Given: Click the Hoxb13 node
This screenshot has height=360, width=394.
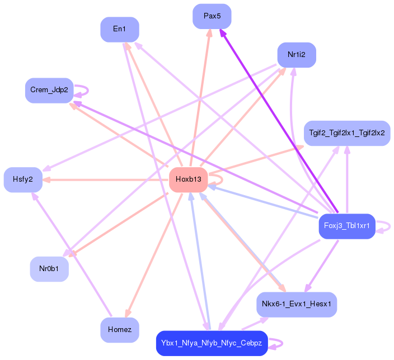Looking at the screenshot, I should (189, 179).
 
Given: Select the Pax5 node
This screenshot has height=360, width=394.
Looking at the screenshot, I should (212, 16).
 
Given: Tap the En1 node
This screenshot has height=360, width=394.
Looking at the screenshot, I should (119, 29).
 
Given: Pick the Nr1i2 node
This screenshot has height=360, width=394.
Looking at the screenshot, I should (297, 55).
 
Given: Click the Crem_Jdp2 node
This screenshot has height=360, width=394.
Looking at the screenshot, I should (49, 90).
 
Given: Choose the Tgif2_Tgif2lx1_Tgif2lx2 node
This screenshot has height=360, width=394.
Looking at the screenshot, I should (347, 133).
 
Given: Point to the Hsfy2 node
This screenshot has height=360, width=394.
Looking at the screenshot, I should (23, 179).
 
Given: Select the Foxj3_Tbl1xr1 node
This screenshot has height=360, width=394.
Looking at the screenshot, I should (347, 226).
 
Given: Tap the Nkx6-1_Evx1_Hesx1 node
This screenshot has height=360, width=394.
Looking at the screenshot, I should (297, 305).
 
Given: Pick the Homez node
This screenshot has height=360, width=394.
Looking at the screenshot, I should (119, 330).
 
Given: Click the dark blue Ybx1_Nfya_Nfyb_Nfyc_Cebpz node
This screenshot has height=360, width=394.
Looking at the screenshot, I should (212, 343).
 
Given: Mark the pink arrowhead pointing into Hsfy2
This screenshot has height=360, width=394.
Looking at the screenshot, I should (47, 179).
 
